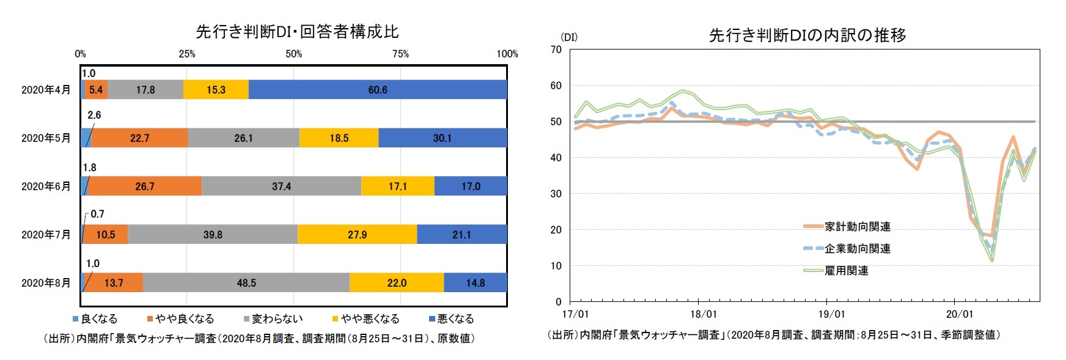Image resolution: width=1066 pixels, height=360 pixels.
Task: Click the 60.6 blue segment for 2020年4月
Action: click(377, 90)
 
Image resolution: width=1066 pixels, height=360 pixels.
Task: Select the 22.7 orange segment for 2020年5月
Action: click(139, 138)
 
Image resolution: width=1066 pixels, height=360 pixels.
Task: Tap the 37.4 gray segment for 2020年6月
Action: click(281, 186)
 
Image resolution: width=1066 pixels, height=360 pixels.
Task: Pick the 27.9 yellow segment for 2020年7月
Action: click(357, 235)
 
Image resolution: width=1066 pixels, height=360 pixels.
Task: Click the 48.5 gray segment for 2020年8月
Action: click(246, 283)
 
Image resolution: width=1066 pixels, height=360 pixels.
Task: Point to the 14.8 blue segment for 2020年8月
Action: click(475, 283)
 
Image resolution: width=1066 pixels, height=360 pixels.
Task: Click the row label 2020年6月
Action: click(46, 186)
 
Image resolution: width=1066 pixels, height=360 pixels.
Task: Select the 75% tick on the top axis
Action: click(400, 54)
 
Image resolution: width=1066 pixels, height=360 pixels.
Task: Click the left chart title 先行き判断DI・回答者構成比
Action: click(297, 32)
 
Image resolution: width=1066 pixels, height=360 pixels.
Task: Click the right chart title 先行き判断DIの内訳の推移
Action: click(807, 35)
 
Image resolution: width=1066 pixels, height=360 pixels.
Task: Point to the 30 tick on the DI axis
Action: click(556, 194)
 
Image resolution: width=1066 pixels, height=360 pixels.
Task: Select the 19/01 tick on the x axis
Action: click(831, 314)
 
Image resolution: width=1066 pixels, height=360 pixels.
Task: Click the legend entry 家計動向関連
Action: click(857, 227)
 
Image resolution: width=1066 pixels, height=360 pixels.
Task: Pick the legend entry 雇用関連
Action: click(846, 271)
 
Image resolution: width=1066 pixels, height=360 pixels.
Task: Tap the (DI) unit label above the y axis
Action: click(568, 37)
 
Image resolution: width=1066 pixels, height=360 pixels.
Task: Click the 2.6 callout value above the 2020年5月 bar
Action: click(94, 115)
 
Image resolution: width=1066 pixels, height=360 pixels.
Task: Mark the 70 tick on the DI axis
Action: click(556, 50)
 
